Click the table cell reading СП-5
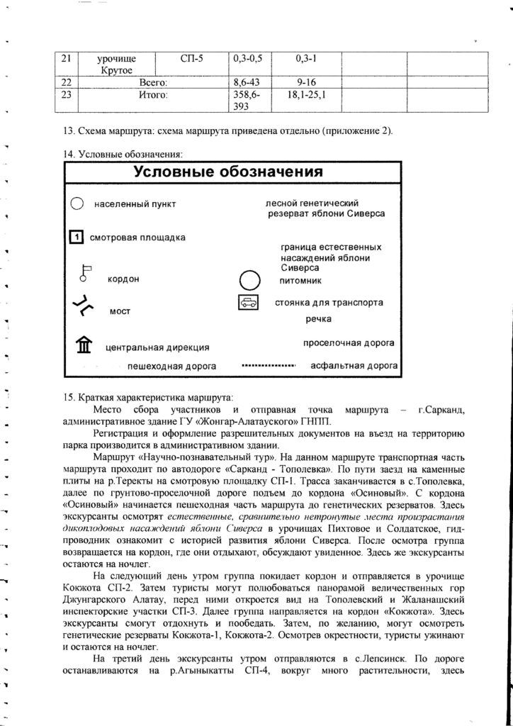[191, 59]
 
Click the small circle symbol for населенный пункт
[77, 204]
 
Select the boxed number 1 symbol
[77, 238]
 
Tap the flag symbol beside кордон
[86, 273]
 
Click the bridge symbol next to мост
[83, 306]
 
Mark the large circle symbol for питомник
[250, 280]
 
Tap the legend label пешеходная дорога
[171, 367]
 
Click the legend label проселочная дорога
[349, 343]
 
